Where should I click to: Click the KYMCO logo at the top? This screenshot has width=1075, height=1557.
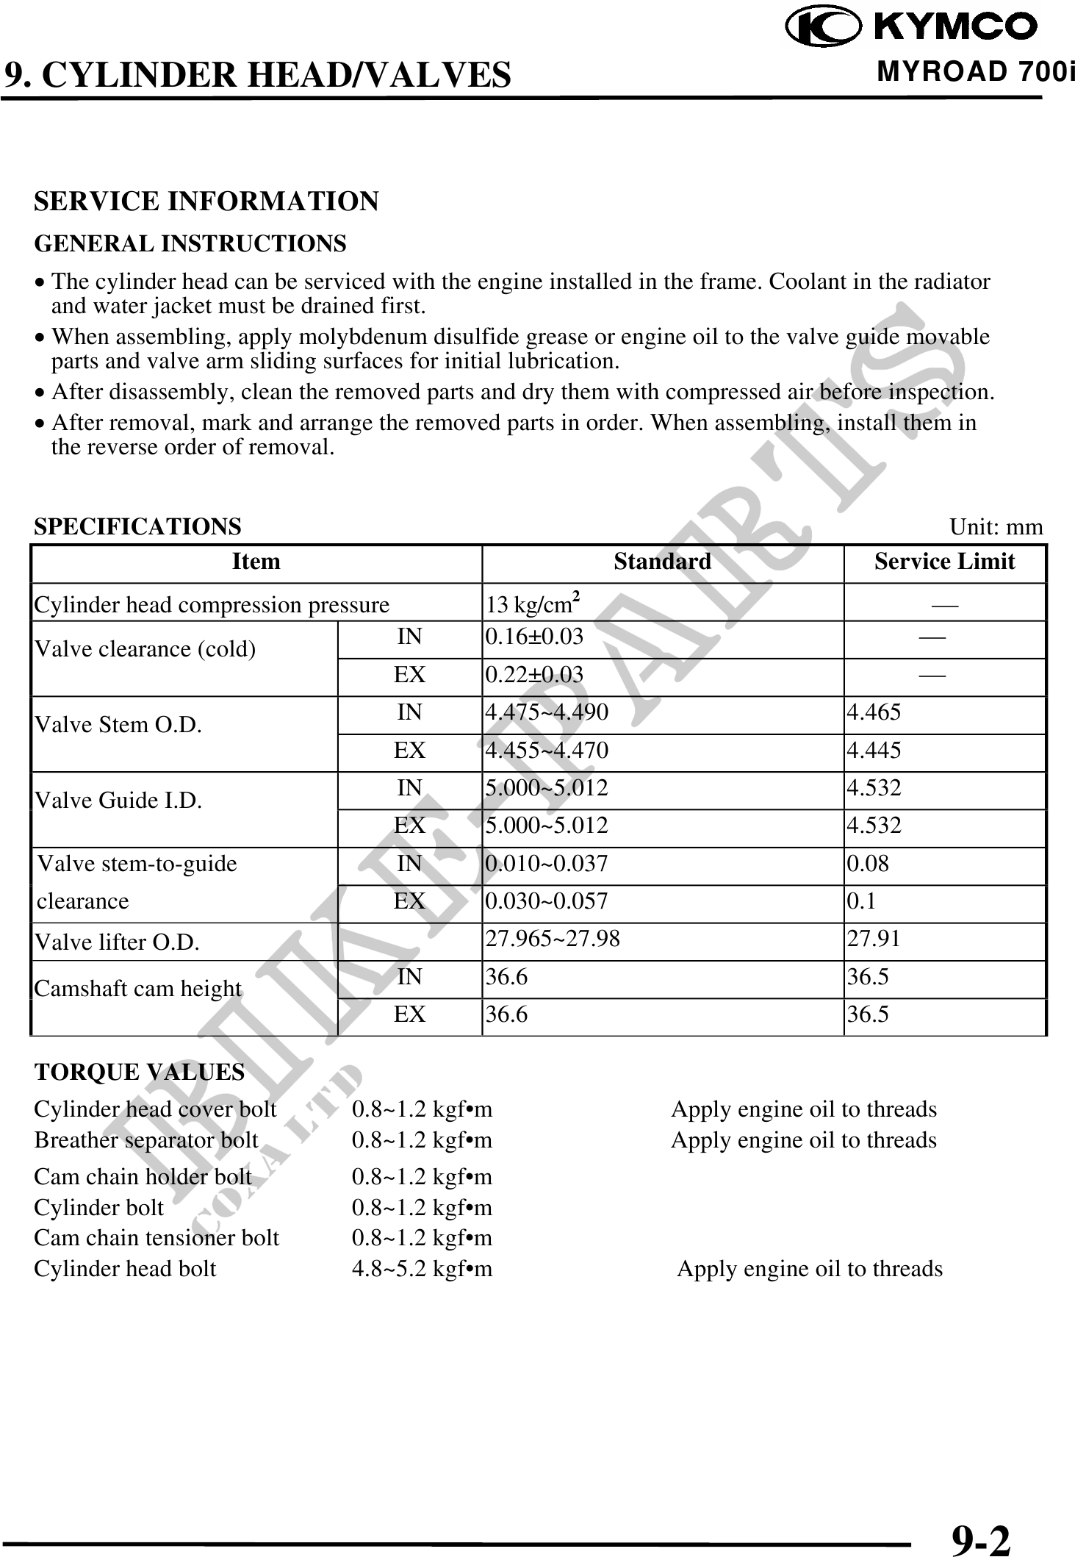911,27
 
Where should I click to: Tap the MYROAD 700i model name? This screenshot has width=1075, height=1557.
975,72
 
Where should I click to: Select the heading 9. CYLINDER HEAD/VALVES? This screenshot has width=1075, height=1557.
257,75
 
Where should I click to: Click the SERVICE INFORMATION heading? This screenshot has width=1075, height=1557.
206,201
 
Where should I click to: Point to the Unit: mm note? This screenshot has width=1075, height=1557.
996,527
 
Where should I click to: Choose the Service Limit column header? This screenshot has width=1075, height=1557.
944,562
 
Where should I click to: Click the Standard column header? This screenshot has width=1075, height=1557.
662,562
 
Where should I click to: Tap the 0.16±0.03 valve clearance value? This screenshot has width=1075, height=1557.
533,637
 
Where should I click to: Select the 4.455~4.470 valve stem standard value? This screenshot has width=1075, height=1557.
547,751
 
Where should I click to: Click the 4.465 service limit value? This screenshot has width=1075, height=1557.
874,712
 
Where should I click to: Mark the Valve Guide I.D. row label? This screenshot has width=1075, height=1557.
118,801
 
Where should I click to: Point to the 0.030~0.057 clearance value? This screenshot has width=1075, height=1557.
547,901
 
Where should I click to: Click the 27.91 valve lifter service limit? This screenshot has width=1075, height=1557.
874,939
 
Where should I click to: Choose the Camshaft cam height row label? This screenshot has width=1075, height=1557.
138,989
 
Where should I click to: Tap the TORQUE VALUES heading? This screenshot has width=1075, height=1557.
140,1073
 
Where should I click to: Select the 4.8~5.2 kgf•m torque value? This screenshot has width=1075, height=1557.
422,1269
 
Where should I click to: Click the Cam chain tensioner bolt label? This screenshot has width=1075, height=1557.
157,1238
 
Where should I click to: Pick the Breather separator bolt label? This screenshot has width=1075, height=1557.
146,1140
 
